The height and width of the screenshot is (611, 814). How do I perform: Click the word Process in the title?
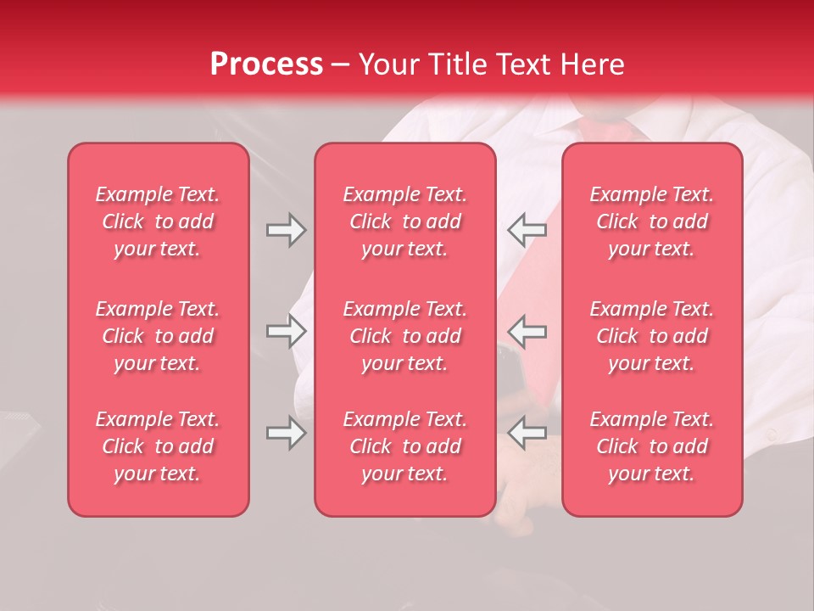tap(266, 64)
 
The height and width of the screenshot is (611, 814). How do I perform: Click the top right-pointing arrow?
tap(286, 230)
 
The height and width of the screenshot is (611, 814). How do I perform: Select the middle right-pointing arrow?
tap(286, 331)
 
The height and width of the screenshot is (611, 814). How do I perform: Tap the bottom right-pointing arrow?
tap(286, 433)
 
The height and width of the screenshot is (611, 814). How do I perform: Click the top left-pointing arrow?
tap(527, 230)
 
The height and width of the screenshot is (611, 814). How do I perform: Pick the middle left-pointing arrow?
tap(527, 331)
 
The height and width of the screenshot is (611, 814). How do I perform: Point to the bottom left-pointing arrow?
tap(527, 433)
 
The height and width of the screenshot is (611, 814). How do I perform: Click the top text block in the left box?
tap(158, 221)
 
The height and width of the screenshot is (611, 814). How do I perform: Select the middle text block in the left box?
tap(158, 336)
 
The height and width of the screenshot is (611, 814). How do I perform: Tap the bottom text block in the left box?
tap(158, 446)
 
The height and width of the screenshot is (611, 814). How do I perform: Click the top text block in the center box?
tap(404, 221)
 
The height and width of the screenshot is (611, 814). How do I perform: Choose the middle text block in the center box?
tap(404, 336)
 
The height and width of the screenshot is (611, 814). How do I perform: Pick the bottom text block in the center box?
tap(404, 446)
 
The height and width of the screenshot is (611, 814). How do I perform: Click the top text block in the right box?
tap(652, 221)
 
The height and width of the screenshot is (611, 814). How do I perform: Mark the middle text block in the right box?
tap(652, 336)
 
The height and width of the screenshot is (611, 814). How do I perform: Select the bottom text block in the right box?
tap(652, 446)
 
